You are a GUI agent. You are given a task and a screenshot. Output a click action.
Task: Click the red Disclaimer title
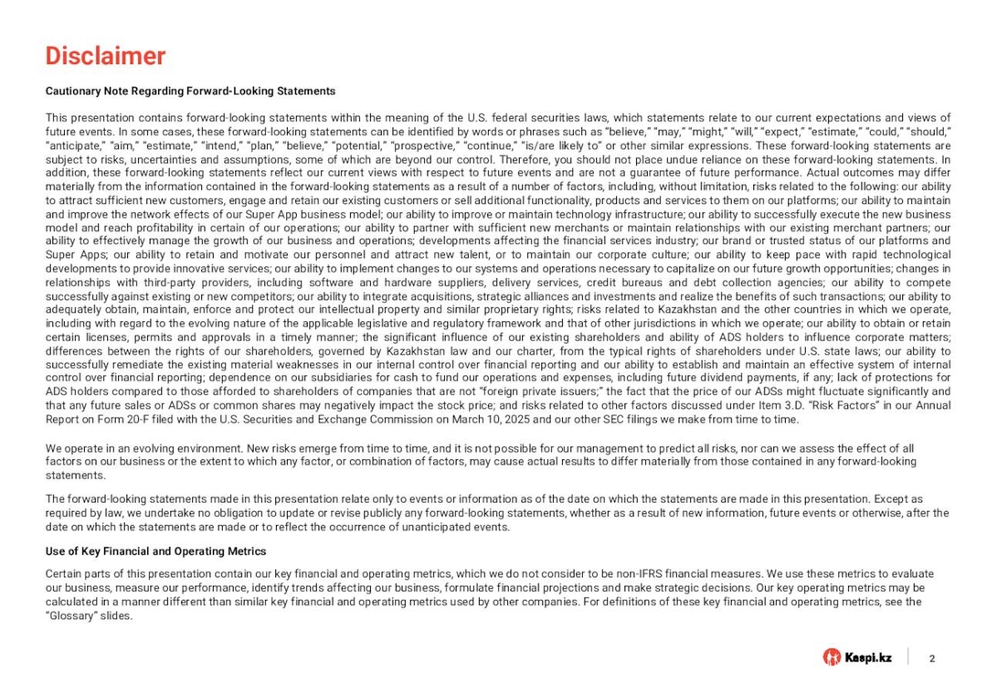tap(105, 57)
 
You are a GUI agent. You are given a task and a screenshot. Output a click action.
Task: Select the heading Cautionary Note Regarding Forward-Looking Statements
tap(190, 91)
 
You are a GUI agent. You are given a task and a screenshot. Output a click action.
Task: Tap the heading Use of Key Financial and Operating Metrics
tap(155, 551)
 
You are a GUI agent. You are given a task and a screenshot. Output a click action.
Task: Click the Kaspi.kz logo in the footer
tap(857, 657)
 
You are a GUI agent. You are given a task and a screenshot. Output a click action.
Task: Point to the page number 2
tap(931, 658)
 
